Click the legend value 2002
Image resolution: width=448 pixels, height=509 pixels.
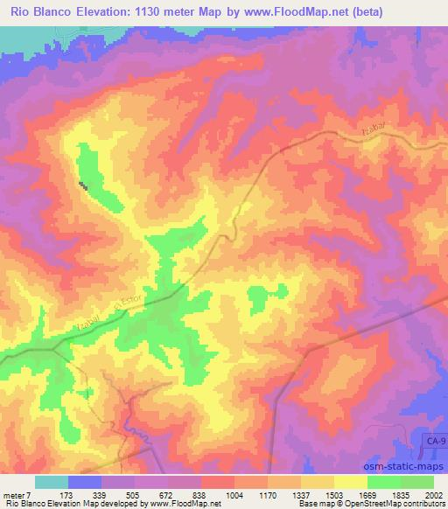(434, 493)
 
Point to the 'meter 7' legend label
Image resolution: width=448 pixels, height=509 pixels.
(17, 493)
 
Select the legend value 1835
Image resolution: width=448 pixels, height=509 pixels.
(401, 493)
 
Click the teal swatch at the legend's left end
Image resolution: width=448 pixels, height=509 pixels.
(52, 482)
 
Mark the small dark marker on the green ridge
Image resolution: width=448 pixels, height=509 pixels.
(84, 185)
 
